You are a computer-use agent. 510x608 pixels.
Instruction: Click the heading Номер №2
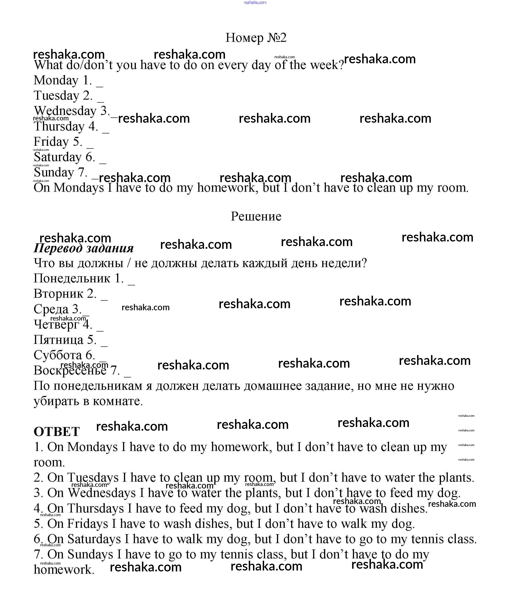256,38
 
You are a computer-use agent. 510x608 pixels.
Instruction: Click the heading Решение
256,216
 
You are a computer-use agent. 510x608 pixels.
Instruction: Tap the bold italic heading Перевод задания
83,248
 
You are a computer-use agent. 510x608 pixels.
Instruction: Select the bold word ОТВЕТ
56,432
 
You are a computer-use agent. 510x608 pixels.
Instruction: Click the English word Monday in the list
56,80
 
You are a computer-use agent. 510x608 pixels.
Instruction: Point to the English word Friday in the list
51,142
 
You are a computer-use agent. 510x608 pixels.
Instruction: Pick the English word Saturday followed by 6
57,157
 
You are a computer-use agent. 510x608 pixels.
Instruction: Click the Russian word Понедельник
72,279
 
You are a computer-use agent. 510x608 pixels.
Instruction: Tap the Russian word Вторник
58,294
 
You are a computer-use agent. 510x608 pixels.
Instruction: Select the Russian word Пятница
58,340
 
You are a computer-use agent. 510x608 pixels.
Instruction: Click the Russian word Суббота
58,355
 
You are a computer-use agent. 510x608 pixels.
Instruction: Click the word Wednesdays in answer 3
102,493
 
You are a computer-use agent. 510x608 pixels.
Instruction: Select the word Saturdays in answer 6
94,539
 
